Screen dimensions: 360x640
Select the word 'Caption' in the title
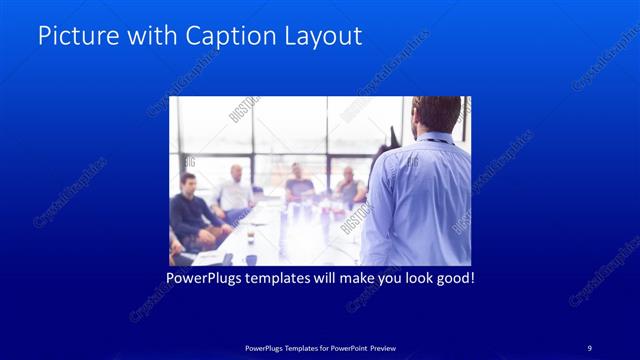coord(227,36)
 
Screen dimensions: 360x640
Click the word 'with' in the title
coord(147,36)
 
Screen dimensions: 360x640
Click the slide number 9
coord(589,347)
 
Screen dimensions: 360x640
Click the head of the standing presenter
coord(437,115)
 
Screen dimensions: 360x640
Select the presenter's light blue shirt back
coord(420,200)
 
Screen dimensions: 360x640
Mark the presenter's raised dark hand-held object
coord(394,134)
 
